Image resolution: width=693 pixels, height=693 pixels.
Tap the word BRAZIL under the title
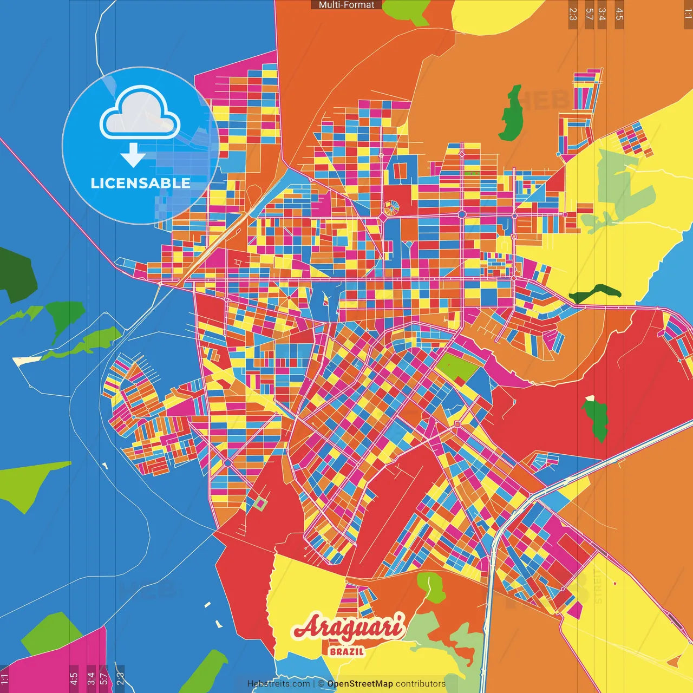(x=346, y=651)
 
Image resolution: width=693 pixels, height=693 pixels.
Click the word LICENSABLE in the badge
(x=140, y=183)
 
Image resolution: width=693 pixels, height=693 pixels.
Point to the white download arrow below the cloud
(x=133, y=156)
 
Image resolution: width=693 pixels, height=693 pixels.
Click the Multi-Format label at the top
(x=346, y=5)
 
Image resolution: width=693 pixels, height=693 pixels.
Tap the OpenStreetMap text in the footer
(x=360, y=684)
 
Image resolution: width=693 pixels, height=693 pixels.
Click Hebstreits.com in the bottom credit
(x=278, y=684)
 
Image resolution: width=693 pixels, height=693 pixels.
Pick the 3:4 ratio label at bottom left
(x=91, y=678)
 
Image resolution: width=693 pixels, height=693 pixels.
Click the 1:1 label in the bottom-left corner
(x=4, y=678)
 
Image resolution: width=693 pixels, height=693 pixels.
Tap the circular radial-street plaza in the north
(x=391, y=207)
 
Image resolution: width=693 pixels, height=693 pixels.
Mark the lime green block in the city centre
(x=457, y=367)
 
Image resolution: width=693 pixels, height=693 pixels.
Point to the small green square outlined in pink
(x=260, y=505)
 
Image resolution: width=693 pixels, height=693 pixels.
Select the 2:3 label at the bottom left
(x=120, y=678)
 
